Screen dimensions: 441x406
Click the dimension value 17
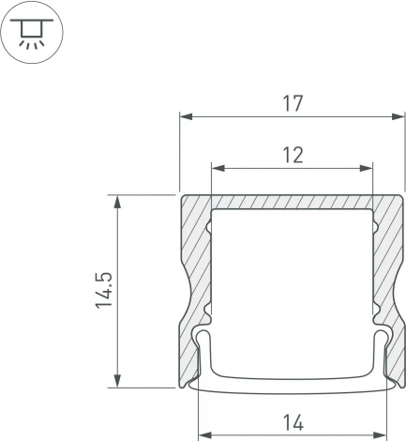(x=293, y=103)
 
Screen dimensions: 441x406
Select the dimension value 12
(x=293, y=155)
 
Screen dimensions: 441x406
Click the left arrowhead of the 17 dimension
(x=185, y=117)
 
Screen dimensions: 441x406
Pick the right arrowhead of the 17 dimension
(x=385, y=117)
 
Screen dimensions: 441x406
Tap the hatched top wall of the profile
(x=292, y=202)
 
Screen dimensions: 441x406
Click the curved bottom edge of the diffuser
(x=292, y=388)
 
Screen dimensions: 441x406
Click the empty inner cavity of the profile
(x=292, y=281)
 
